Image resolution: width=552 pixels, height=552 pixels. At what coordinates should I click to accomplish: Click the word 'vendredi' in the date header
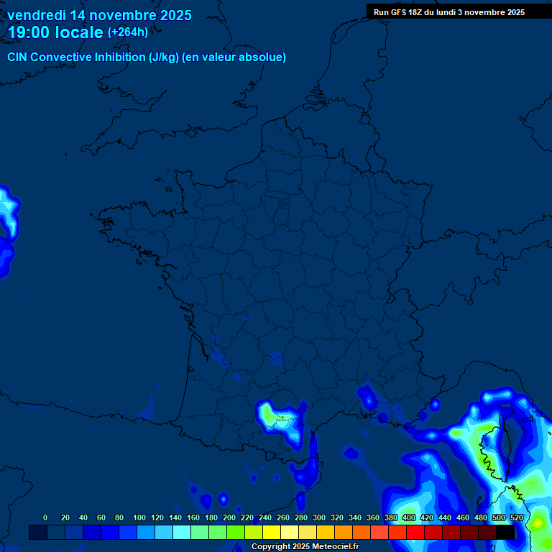tap(37, 15)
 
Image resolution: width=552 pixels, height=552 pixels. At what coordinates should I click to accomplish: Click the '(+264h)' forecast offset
tap(128, 32)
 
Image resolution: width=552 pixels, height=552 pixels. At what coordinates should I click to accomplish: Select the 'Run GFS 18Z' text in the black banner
tap(397, 12)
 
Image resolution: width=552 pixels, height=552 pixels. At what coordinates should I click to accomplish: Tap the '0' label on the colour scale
tap(45, 517)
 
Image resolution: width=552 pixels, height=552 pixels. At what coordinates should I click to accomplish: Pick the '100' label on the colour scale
tap(139, 517)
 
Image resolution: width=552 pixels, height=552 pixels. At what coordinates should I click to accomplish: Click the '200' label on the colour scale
tap(229, 517)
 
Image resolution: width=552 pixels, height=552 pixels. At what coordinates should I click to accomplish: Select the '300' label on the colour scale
tap(318, 517)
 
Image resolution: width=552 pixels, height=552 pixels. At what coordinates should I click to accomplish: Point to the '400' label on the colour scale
tap(408, 517)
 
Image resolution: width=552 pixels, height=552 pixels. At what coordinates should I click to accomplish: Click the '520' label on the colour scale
tap(516, 517)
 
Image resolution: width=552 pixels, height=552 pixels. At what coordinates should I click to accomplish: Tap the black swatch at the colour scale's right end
tap(505, 532)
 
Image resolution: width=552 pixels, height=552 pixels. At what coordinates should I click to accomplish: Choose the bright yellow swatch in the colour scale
tap(272, 532)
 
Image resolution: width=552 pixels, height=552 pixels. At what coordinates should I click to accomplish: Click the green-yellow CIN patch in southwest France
tap(268, 414)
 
